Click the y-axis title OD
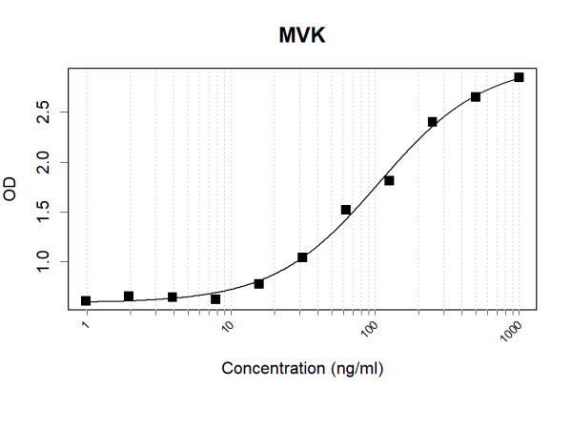pyautogui.click(x=11, y=191)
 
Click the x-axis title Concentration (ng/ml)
pyautogui.click(x=302, y=368)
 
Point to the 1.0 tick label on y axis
pyautogui.click(x=47, y=261)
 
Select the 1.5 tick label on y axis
pyautogui.click(x=47, y=212)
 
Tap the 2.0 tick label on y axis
pyautogui.click(x=47, y=162)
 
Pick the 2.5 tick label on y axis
pyautogui.click(x=47, y=112)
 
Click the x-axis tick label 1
pyautogui.click(x=86, y=327)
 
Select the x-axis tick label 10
pyautogui.click(x=228, y=329)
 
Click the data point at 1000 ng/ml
pyautogui.click(x=519, y=77)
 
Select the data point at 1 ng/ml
pyautogui.click(x=86, y=301)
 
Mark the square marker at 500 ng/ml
pyautogui.click(x=476, y=97)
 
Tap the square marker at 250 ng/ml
pyautogui.click(x=433, y=122)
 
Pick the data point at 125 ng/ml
pyautogui.click(x=389, y=180)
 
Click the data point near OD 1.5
pyautogui.click(x=346, y=210)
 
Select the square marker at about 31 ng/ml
pyautogui.click(x=302, y=257)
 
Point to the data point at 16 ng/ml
pyautogui.click(x=259, y=284)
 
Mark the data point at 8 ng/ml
pyautogui.click(x=215, y=299)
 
